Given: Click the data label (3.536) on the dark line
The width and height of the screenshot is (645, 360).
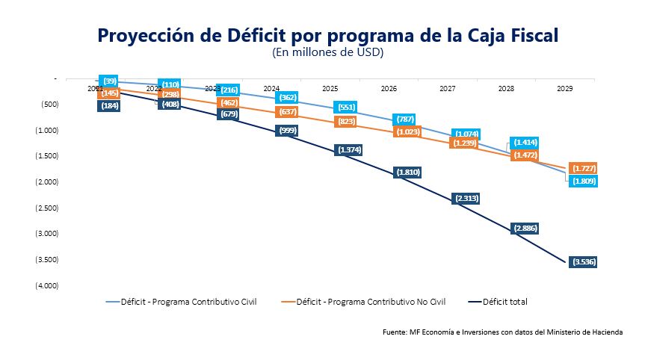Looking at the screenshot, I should pos(583,261).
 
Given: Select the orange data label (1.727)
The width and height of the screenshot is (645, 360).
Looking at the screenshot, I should pos(583,168).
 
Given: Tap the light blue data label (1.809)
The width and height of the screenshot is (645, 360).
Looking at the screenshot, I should pos(583,181).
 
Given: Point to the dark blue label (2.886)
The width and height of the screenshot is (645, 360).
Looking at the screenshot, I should pos(525,228).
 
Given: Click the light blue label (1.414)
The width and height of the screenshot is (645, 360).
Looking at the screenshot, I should pos(524,142).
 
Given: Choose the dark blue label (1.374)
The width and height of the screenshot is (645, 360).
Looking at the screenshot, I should pos(350,149).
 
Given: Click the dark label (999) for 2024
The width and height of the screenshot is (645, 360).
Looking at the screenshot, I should pos(288,130).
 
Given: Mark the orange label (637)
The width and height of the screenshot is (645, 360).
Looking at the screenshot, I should pos(287,112).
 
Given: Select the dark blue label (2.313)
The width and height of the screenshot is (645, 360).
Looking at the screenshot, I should pos(466,198).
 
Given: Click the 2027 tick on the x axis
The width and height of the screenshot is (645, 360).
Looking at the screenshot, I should pos(447,88).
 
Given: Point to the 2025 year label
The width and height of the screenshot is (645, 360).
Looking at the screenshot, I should pos(330,88).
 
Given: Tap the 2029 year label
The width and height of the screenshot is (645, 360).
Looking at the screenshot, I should pos(565,88).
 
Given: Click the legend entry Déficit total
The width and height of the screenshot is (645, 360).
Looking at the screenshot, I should pos(505,302).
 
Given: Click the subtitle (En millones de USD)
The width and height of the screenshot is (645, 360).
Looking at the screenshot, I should pos(328,52).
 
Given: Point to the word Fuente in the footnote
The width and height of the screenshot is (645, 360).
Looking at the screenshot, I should pos(394,332).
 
